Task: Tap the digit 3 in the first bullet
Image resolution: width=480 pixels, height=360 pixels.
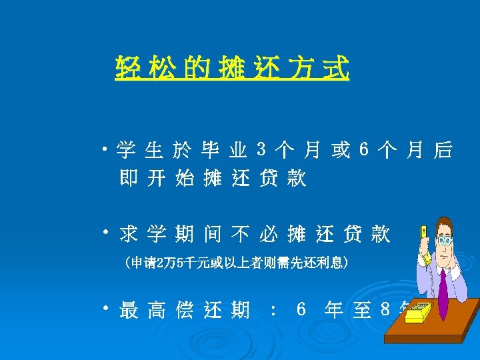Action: (261, 151)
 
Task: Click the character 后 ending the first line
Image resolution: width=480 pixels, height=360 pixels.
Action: (442, 151)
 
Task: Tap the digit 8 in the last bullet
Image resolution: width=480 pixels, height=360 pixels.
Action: (385, 310)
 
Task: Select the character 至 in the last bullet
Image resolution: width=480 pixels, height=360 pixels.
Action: (361, 310)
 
